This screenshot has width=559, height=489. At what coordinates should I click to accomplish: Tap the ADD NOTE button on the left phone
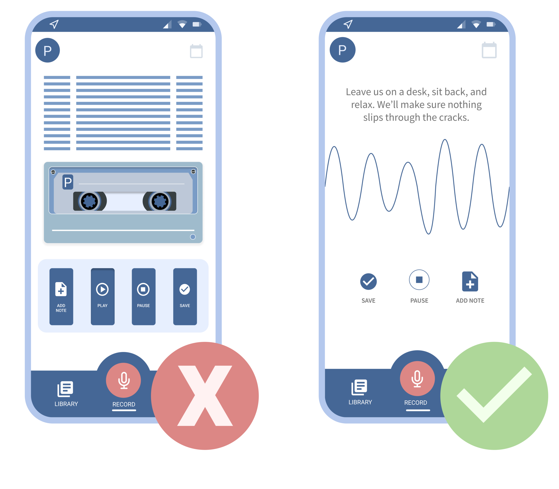click(61, 296)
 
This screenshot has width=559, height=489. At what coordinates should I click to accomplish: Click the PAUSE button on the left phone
click(144, 296)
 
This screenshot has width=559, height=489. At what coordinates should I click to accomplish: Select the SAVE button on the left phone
click(185, 296)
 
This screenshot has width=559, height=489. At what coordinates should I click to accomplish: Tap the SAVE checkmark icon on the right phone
click(368, 281)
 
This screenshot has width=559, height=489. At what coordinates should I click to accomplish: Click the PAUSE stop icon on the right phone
click(419, 280)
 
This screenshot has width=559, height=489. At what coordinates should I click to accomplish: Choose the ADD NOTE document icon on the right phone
click(470, 282)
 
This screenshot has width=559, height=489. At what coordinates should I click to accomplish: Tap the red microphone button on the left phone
click(123, 380)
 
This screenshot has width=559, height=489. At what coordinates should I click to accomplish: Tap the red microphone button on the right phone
click(417, 379)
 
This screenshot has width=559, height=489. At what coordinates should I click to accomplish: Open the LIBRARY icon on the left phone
click(65, 389)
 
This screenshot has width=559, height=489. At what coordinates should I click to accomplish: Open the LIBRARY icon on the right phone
click(359, 387)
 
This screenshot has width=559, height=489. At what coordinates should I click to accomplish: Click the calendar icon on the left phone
click(196, 51)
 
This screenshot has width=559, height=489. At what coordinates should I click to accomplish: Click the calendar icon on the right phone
click(489, 50)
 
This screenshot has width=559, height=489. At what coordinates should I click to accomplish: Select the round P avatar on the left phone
click(48, 50)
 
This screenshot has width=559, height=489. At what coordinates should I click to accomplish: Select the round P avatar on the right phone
click(342, 50)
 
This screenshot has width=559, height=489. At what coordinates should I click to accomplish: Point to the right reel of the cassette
click(160, 201)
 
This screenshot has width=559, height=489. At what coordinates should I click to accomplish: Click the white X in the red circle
click(205, 396)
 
